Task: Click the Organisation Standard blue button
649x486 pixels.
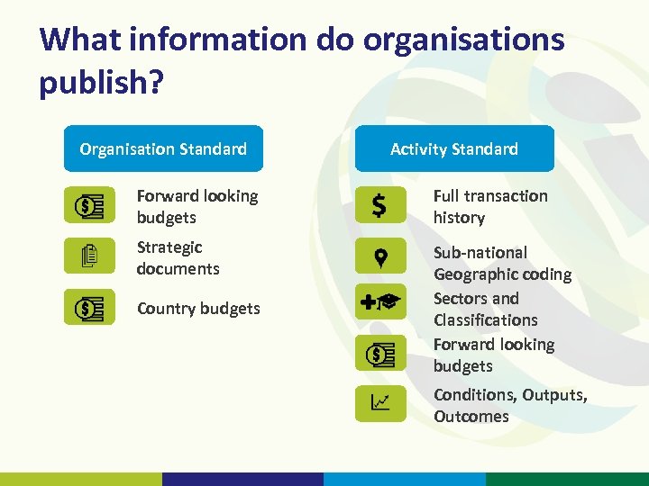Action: point(163,148)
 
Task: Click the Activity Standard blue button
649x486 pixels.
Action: point(454,148)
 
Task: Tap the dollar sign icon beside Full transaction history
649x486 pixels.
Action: point(379,206)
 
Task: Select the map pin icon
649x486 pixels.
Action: point(380,256)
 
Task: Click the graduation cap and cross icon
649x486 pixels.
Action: point(380,303)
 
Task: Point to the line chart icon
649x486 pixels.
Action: point(380,403)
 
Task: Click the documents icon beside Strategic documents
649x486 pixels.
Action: point(89,256)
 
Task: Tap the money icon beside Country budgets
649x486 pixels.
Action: point(89,308)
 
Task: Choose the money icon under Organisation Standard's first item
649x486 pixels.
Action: point(89,206)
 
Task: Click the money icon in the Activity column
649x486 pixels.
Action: point(380,354)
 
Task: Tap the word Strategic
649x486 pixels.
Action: point(169,247)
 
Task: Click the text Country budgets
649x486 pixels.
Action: point(198,308)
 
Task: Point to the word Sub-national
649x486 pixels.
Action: point(480,252)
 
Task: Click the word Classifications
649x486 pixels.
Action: point(485,319)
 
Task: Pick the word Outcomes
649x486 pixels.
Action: point(471,416)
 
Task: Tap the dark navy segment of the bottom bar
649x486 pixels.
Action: point(242,479)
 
